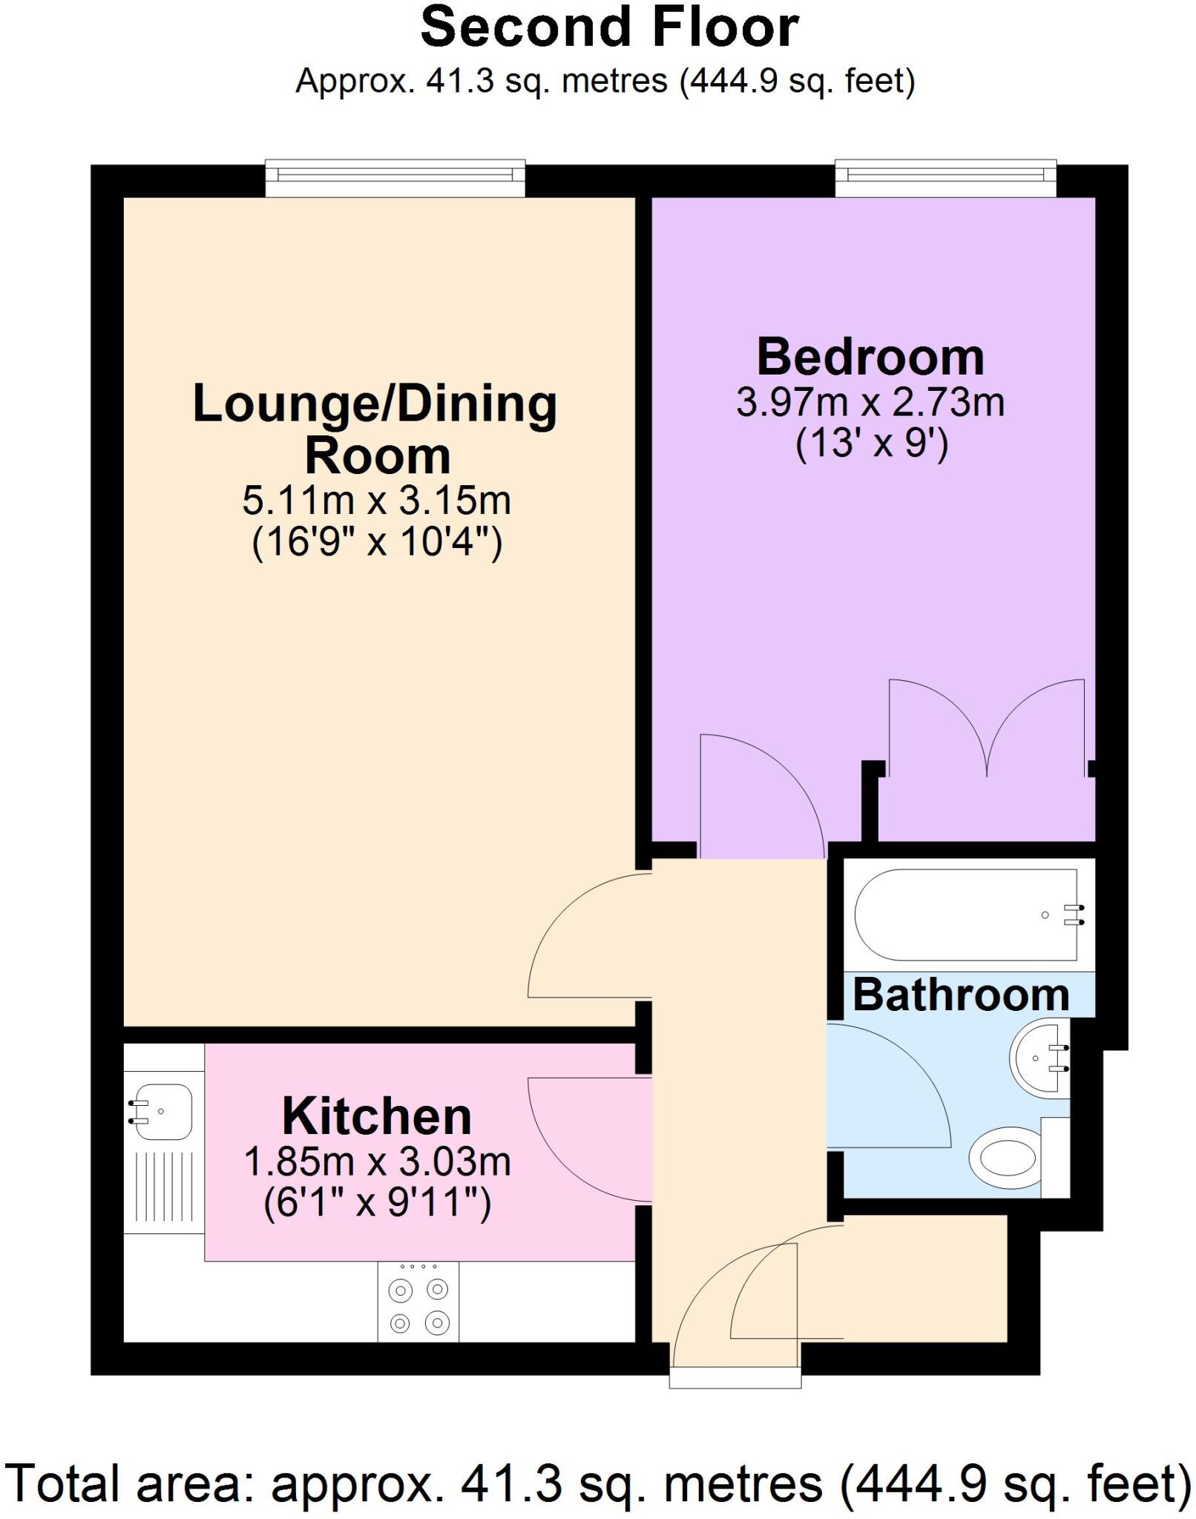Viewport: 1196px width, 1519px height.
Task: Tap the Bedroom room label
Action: click(870, 357)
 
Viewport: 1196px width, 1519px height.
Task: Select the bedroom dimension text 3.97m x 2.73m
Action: click(870, 403)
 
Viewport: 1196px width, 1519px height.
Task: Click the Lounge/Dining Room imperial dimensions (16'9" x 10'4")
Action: click(377, 543)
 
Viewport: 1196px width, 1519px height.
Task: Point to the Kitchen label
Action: click(377, 1116)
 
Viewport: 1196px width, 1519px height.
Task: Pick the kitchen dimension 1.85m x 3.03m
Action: click(377, 1162)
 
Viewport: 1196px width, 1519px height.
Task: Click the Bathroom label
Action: click(960, 995)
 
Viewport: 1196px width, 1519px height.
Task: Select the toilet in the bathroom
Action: click(1009, 1157)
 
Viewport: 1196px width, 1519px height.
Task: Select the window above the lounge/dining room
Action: click(395, 178)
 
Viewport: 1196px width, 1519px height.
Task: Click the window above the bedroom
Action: click(945, 178)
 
